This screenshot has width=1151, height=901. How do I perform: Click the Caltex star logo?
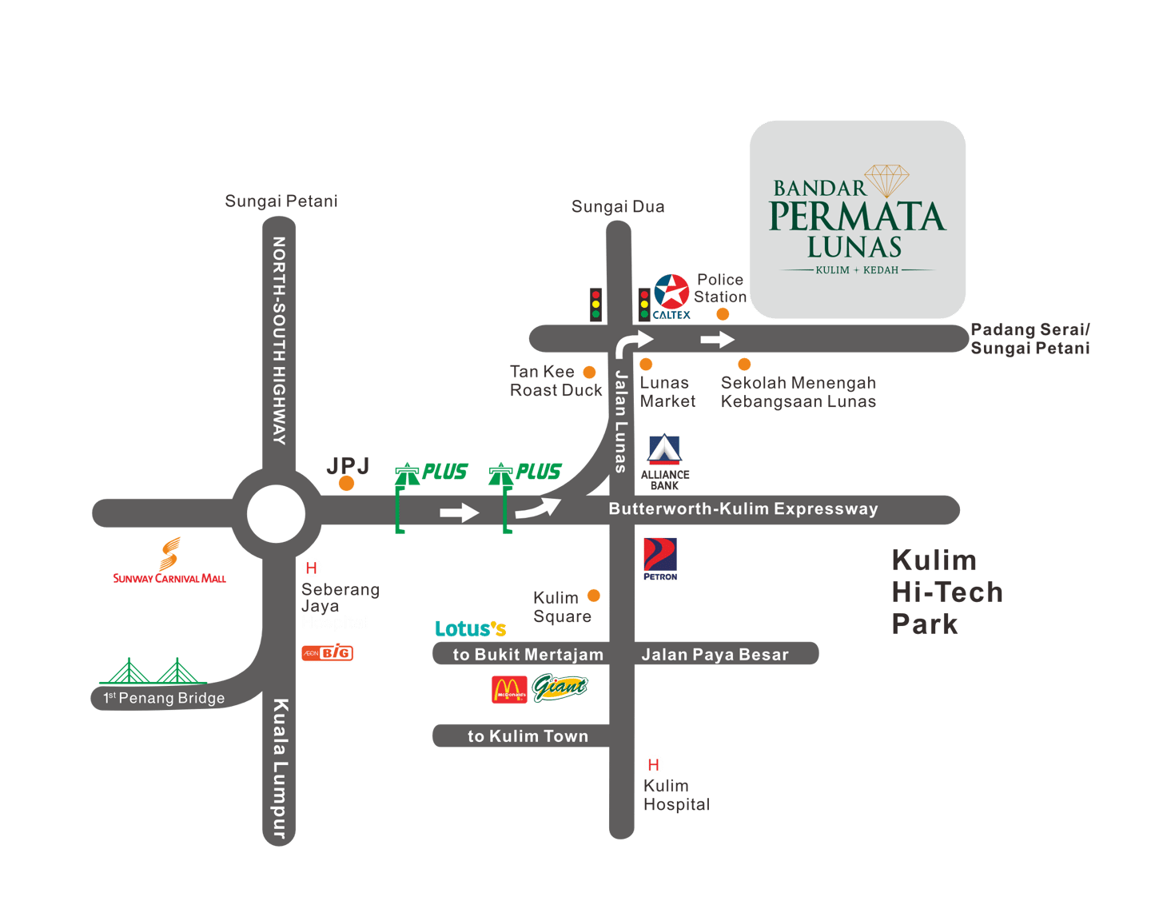coord(671,293)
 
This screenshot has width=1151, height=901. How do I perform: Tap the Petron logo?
coord(660,559)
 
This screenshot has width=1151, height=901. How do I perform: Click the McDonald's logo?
coord(509,690)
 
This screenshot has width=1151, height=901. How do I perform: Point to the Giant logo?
coord(560,687)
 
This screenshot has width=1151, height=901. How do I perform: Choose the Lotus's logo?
coord(471,629)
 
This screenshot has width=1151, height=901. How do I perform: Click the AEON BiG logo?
coord(328,653)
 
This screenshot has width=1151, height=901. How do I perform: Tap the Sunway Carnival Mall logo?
coord(169,561)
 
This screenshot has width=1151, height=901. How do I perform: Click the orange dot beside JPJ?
coord(346,483)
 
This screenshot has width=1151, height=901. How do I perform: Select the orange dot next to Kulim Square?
coord(594,596)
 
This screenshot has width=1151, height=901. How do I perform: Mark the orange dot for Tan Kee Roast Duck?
coord(589,372)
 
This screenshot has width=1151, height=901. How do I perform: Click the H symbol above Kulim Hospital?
coord(654,764)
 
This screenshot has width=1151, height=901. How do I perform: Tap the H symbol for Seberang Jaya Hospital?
coord(311,568)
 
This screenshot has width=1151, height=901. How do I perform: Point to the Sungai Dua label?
coord(618,207)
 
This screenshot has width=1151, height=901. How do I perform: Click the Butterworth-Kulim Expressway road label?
coord(743,509)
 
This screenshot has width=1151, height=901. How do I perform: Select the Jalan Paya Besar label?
coord(715,655)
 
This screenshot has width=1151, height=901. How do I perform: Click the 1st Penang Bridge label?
coord(165,698)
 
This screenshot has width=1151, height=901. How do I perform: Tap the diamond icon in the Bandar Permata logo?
coord(886,181)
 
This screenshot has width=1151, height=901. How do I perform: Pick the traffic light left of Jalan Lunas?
coord(595,305)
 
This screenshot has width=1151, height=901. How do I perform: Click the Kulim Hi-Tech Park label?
coord(946,592)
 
